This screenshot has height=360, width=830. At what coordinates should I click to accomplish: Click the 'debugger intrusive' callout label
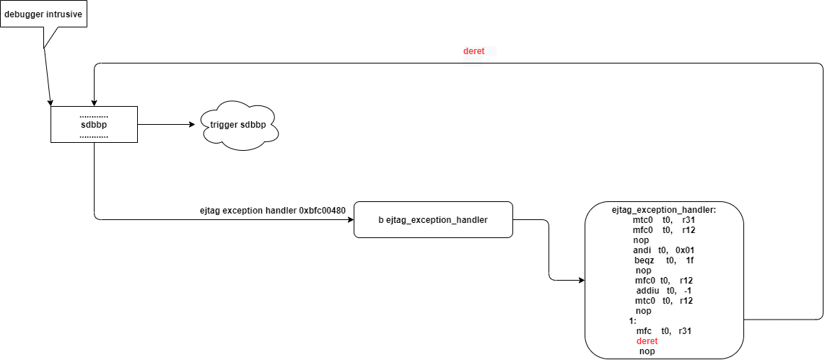pyautogui.click(x=43, y=14)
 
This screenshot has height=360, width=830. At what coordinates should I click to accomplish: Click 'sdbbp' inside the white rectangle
pyautogui.click(x=94, y=125)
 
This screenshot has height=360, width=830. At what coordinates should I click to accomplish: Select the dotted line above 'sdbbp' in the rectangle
pyautogui.click(x=94, y=115)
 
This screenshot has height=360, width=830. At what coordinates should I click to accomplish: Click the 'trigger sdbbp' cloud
pyautogui.click(x=238, y=125)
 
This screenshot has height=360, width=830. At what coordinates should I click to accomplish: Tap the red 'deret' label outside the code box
pyautogui.click(x=474, y=51)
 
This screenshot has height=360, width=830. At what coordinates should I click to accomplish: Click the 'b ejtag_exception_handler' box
pyautogui.click(x=433, y=220)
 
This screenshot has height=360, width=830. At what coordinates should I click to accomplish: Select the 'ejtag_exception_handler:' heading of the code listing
pyautogui.click(x=663, y=210)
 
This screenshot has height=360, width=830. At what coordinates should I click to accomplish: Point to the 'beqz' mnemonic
pyautogui.click(x=645, y=260)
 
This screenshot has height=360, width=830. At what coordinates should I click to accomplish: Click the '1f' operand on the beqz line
pyautogui.click(x=690, y=260)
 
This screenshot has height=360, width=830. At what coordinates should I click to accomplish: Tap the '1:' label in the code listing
pyautogui.click(x=632, y=320)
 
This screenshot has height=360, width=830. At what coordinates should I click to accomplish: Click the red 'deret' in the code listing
pyautogui.click(x=647, y=341)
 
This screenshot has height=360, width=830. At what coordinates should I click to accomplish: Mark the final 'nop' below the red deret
pyautogui.click(x=647, y=351)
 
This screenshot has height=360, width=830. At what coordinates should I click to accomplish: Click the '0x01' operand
pyautogui.click(x=685, y=250)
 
